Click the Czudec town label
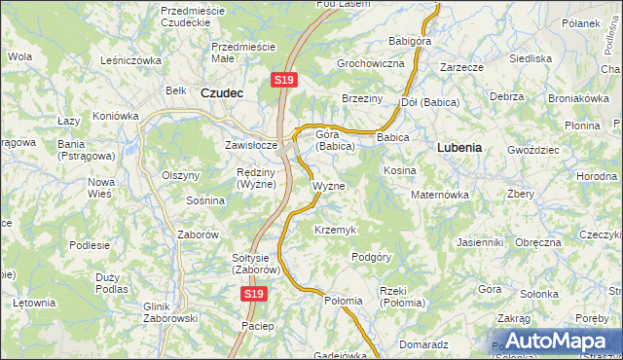click(221, 93)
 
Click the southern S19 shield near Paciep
click(253, 293)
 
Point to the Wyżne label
click(328, 185)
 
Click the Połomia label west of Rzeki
click(343, 301)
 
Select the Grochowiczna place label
click(370, 63)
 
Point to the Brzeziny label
click(362, 99)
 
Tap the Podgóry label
click(371, 257)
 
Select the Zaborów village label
click(198, 234)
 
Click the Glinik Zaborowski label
click(170, 311)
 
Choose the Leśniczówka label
click(130, 60)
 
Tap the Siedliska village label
click(531, 58)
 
